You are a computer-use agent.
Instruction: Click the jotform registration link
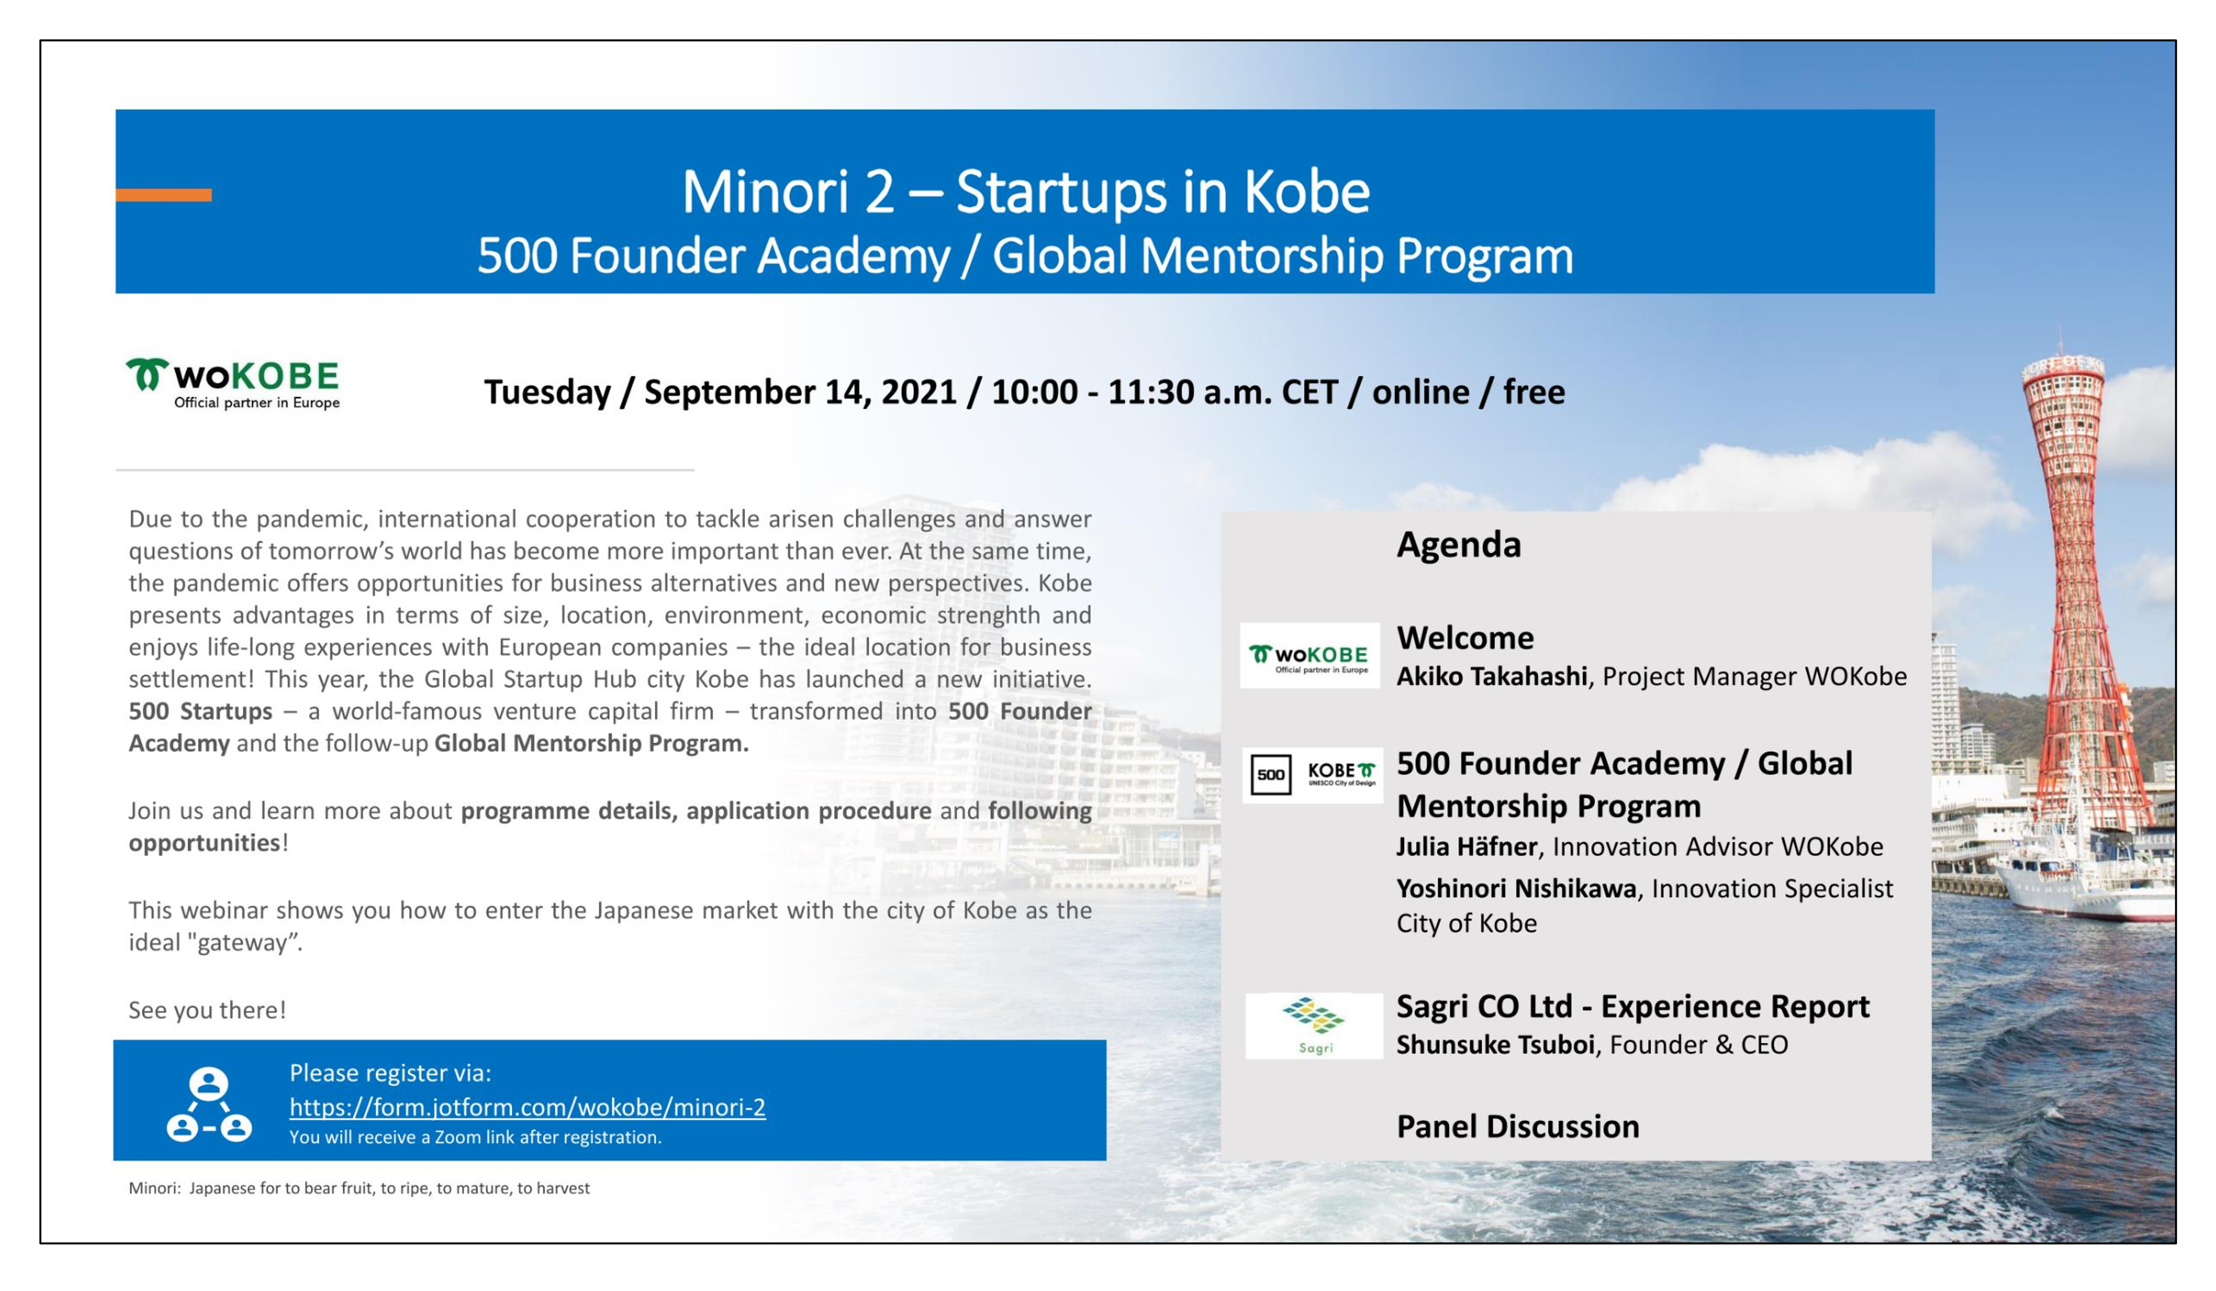tap(528, 1107)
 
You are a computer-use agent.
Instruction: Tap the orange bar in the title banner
tap(164, 195)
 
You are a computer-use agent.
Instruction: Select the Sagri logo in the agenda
tap(1314, 1026)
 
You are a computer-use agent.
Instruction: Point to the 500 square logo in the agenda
tap(1271, 775)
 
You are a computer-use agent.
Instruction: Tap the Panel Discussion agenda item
tap(1518, 1126)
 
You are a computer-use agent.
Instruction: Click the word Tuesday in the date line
tap(547, 392)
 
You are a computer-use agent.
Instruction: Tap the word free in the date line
tap(1533, 392)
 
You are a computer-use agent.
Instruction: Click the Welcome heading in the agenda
tap(1465, 638)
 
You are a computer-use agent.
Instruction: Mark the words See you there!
tap(208, 1010)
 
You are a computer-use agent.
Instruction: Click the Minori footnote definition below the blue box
tap(359, 1188)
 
